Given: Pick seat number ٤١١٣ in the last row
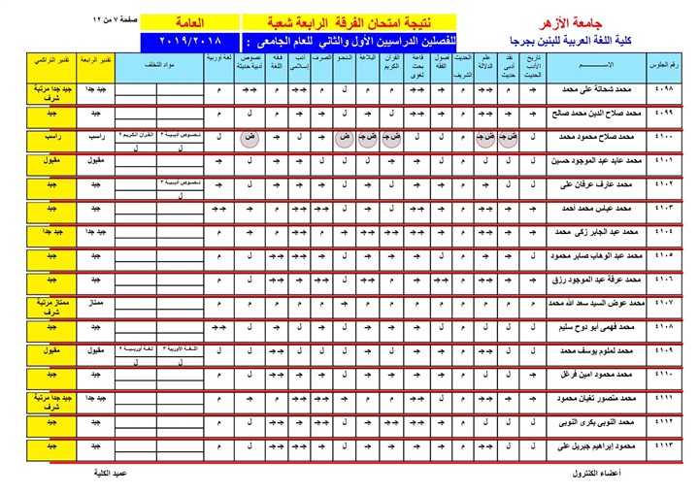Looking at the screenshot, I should pyautogui.click(x=668, y=445).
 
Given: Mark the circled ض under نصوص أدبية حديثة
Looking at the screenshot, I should pyautogui.click(x=250, y=139).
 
